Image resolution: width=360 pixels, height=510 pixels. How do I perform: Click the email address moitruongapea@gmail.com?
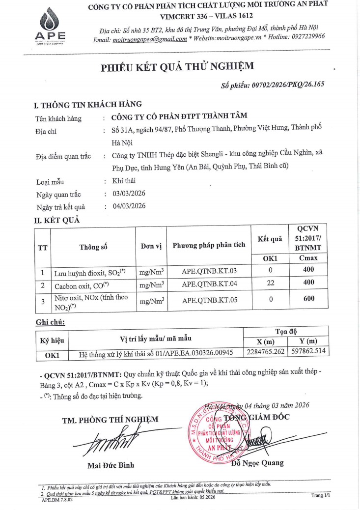coord(149,39)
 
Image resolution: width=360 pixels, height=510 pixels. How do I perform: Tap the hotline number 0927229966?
coord(302,37)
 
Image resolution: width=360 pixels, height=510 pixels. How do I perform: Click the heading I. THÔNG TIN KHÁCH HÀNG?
coord(87,104)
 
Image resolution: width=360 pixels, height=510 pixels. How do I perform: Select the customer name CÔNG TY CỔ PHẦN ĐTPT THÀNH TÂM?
coord(180,116)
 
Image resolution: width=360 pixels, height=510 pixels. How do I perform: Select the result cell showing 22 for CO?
coord(271,284)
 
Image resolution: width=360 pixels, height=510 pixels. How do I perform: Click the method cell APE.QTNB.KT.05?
coord(209,299)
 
